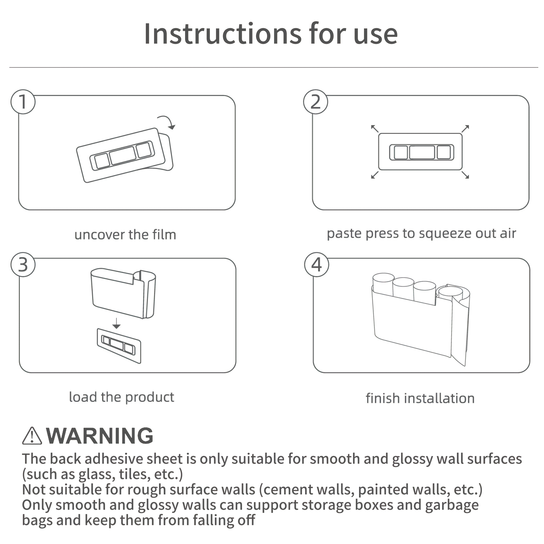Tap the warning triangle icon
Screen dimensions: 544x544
click(x=32, y=436)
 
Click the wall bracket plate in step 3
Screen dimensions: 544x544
click(x=119, y=346)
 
